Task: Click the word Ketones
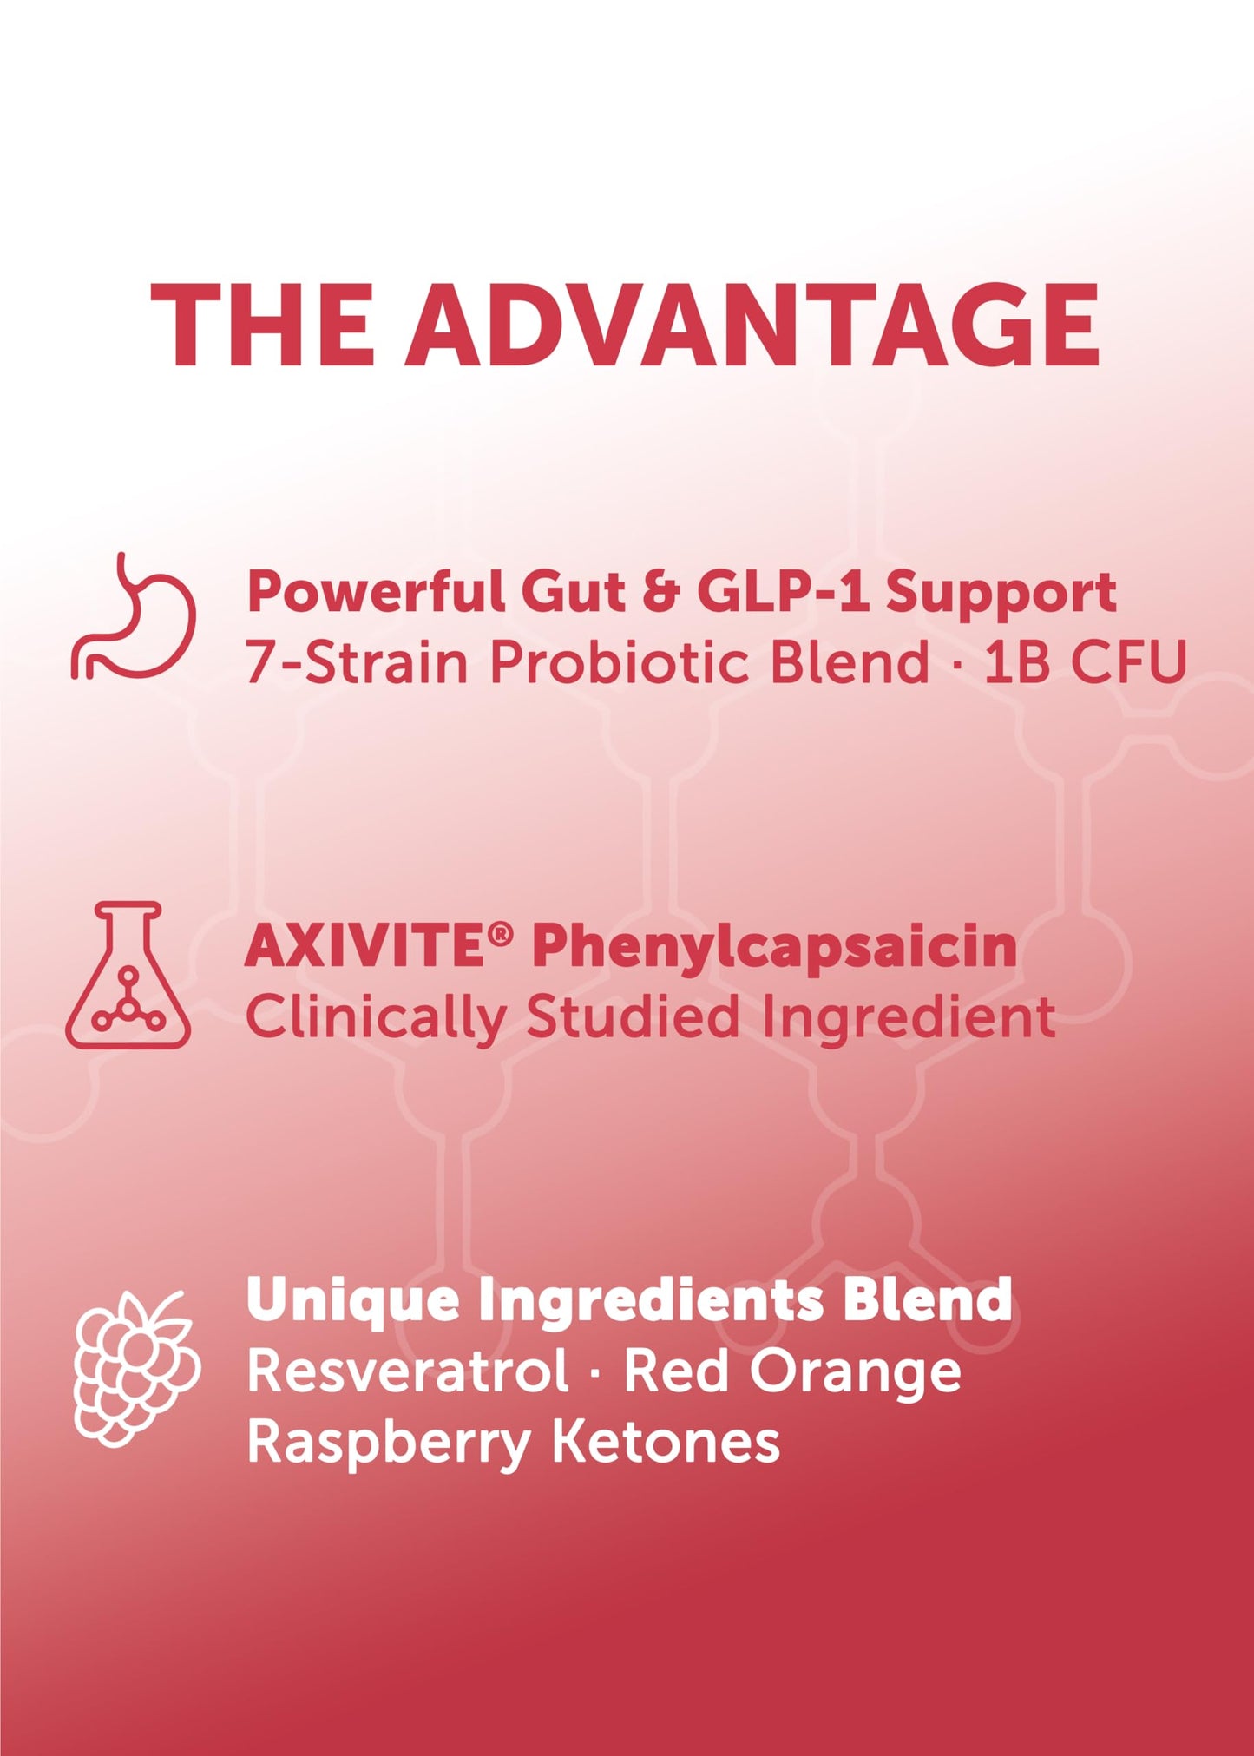coord(666,1444)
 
